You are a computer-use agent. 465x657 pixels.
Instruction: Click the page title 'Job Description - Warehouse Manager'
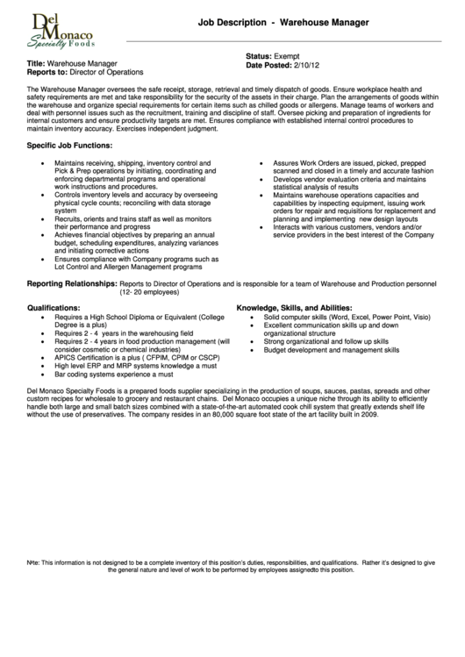(283, 21)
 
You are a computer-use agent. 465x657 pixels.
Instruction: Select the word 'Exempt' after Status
(287, 56)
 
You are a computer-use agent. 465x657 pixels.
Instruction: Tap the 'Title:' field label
(36, 64)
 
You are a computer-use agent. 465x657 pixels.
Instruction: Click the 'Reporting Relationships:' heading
(72, 284)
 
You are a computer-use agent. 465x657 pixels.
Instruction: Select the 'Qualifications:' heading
(54, 308)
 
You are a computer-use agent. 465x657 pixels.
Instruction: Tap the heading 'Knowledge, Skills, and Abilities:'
(294, 308)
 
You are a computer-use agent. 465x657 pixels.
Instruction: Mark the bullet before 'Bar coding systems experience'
(43, 374)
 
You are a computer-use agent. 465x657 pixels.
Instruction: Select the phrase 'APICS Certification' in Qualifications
(85, 358)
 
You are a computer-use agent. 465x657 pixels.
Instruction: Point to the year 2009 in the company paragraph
(368, 415)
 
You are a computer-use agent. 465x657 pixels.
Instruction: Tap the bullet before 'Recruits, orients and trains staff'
(43, 218)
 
